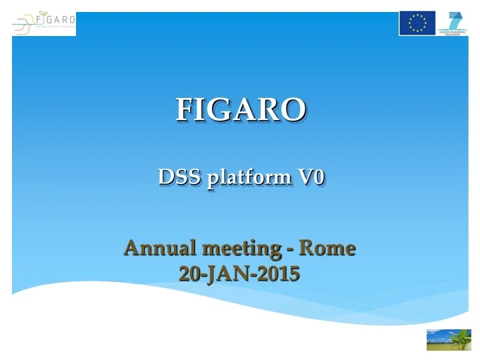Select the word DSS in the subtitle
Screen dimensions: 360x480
pyautogui.click(x=176, y=178)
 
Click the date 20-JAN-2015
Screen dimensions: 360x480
pyautogui.click(x=239, y=273)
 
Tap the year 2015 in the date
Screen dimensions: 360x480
pyautogui.click(x=278, y=273)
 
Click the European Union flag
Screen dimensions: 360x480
pyautogui.click(x=417, y=23)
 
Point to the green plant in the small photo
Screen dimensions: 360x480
pyautogui.click(x=459, y=338)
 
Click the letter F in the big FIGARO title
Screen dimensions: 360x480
pyautogui.click(x=183, y=110)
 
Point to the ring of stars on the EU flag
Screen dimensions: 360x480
pyautogui.click(x=417, y=23)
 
